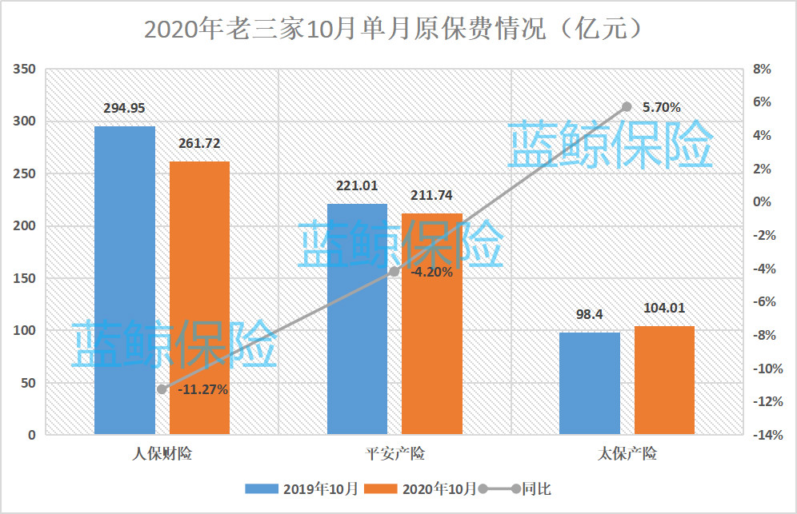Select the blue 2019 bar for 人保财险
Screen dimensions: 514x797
[125, 280]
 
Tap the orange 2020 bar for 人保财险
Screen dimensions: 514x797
[200, 297]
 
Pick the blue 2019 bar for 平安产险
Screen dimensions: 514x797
[357, 320]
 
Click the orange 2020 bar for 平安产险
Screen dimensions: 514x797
[432, 324]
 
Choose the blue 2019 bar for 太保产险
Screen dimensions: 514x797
[590, 384]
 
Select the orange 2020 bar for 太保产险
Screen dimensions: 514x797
[664, 381]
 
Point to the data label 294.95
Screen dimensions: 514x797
[124, 109]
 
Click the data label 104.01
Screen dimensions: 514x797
[664, 308]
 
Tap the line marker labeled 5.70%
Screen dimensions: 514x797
[627, 106]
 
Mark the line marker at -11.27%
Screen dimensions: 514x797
[162, 389]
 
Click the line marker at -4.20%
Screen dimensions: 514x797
[394, 272]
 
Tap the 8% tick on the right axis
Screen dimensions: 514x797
[762, 70]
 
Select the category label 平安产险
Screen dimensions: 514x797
[394, 454]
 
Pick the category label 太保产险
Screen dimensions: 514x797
[627, 454]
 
